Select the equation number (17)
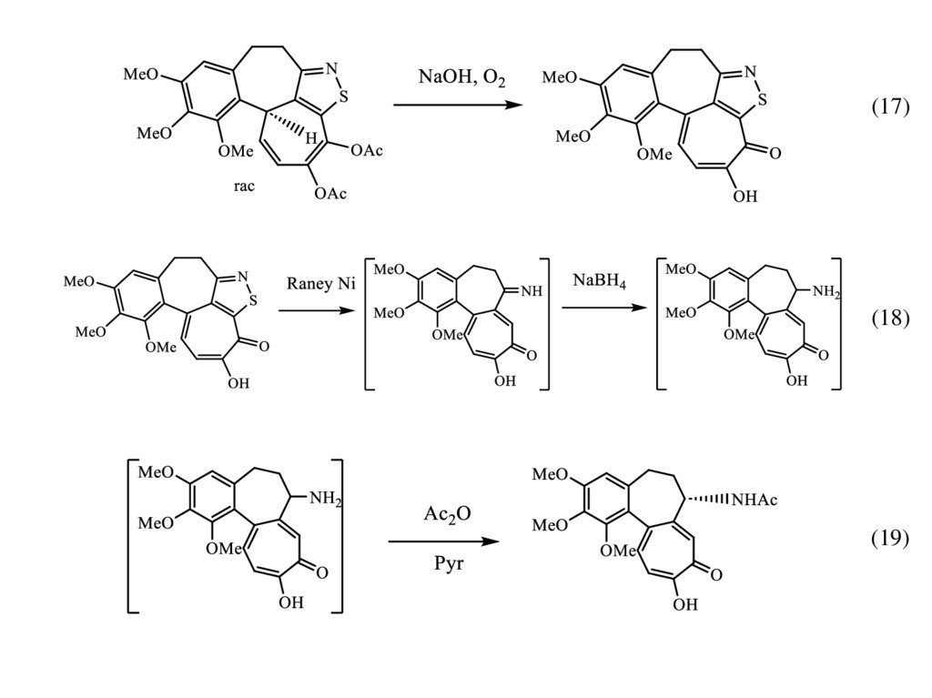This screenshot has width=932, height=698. click(x=890, y=106)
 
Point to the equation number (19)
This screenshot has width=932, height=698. click(x=890, y=538)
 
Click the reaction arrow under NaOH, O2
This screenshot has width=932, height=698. click(x=459, y=106)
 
